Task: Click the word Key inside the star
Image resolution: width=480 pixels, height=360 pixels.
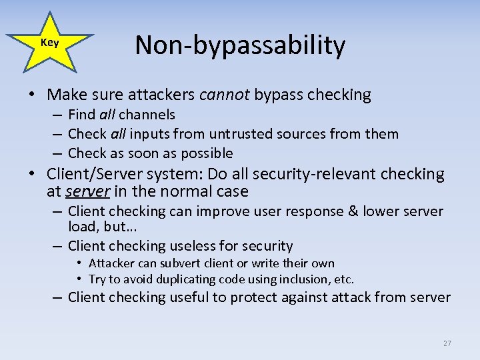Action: tap(49, 43)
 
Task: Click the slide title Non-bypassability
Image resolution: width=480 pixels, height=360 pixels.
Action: tap(240, 45)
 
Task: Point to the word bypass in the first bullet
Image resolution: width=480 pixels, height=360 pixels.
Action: tap(278, 95)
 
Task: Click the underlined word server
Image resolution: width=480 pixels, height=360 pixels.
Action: tap(88, 192)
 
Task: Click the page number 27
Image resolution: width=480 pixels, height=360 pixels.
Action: tap(447, 343)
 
